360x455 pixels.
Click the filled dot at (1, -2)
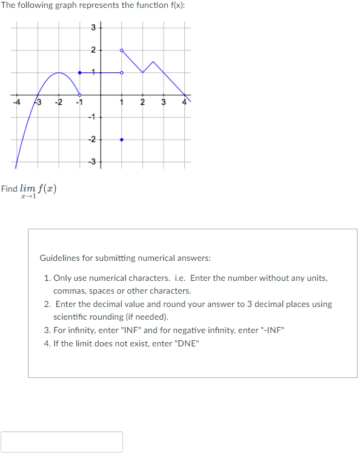coord(122,140)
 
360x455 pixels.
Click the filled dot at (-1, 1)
coord(80,73)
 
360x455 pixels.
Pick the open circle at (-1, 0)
coord(80,95)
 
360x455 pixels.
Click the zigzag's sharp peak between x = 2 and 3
coord(153,61)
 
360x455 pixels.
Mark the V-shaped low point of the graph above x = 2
coord(142,73)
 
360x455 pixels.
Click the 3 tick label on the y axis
coord(93,27)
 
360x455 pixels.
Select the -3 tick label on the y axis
coord(92,161)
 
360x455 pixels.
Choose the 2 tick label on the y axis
coord(93,50)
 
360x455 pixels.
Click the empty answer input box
coord(62,442)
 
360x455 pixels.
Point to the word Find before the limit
coord(9,188)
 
